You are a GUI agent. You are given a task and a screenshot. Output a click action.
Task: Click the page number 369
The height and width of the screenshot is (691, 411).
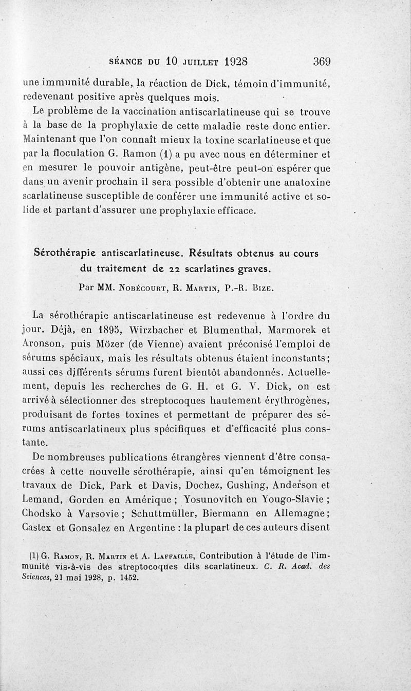pos(322,61)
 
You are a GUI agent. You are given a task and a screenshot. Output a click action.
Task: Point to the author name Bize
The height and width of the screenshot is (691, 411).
pos(265,288)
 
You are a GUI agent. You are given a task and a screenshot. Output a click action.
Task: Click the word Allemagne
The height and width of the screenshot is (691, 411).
pos(303,513)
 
